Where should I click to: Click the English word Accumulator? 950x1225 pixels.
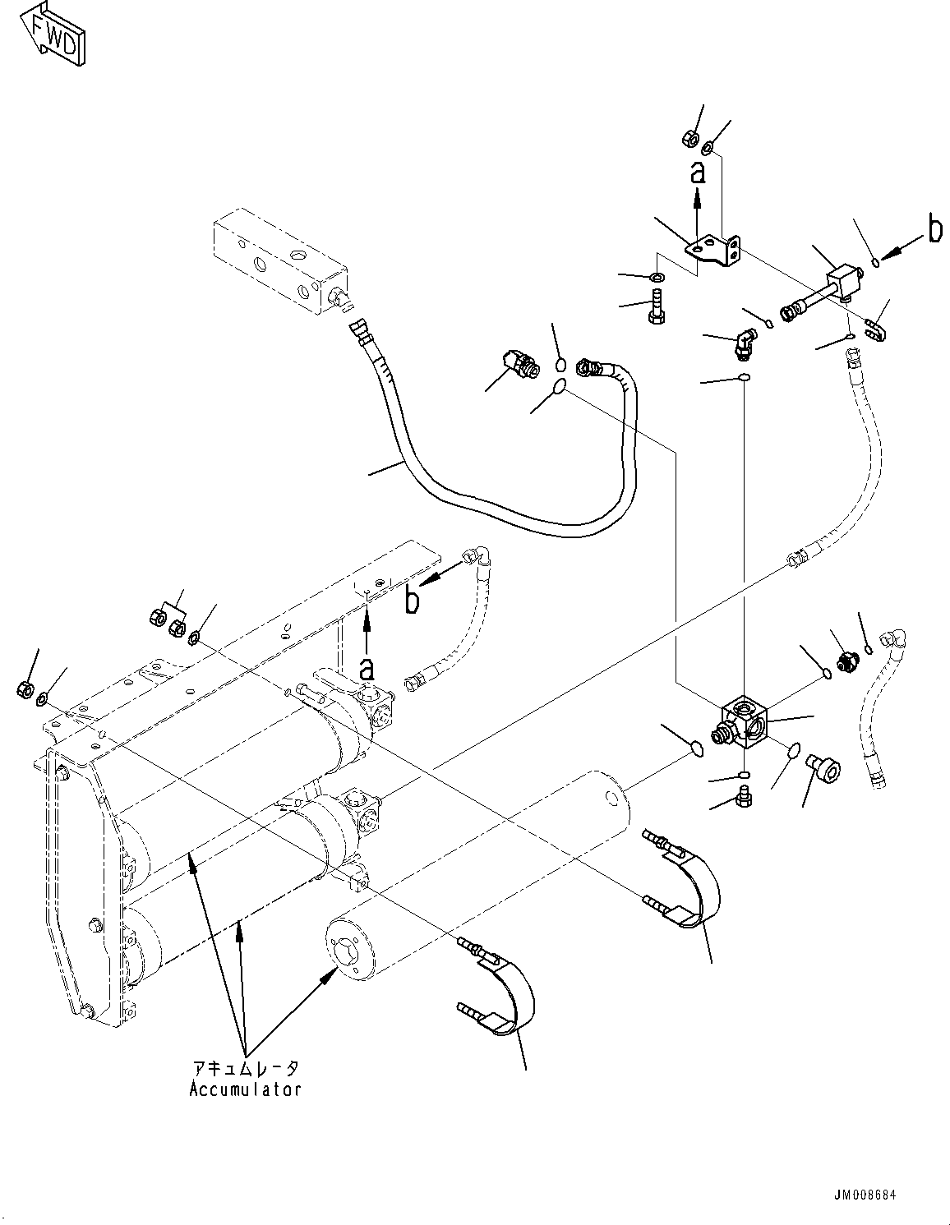[245, 1089]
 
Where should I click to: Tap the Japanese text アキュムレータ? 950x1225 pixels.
[245, 1068]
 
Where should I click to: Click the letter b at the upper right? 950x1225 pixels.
[934, 231]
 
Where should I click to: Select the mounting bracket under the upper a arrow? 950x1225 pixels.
[715, 250]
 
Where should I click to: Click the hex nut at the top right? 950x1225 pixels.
[690, 139]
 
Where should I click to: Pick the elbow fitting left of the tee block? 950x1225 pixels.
[744, 342]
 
